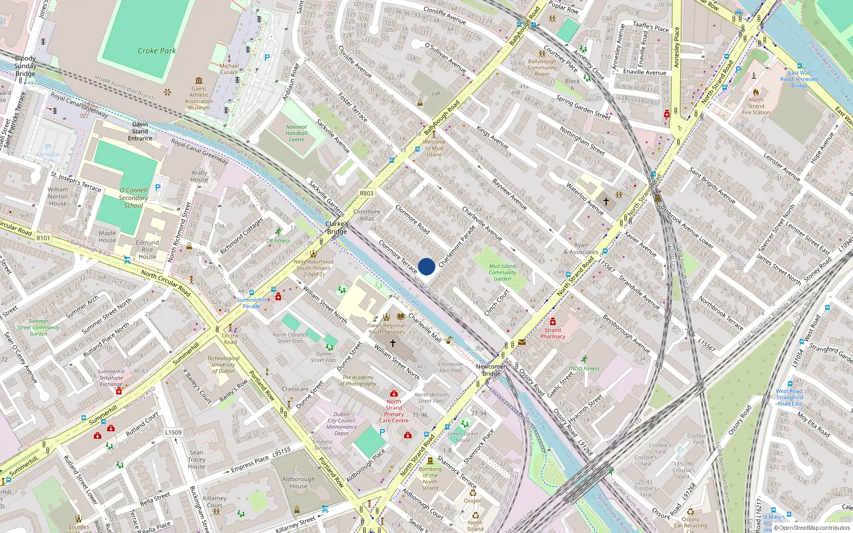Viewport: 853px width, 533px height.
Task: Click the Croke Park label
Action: click(157, 51)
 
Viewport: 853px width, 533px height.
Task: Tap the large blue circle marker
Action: click(426, 266)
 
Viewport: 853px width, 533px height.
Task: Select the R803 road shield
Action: click(367, 193)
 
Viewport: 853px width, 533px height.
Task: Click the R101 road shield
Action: click(43, 238)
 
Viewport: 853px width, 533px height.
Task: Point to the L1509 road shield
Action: click(173, 432)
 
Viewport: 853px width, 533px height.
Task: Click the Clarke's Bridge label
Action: click(337, 228)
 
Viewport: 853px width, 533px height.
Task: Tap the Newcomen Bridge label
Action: click(492, 370)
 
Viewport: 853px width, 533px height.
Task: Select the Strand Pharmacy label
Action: click(553, 333)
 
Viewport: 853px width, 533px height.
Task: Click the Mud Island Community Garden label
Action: click(502, 272)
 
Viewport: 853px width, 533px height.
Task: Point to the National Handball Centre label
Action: click(296, 133)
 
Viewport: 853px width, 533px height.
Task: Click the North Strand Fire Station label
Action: click(756, 106)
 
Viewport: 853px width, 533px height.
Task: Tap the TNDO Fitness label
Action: click(584, 368)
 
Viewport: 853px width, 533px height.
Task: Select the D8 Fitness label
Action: click(278, 240)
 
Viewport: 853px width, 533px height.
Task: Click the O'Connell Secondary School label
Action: click(133, 198)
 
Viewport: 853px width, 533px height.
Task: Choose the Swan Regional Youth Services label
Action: click(387, 328)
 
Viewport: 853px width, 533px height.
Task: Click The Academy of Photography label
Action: click(359, 381)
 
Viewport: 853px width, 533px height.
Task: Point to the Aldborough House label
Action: click(299, 482)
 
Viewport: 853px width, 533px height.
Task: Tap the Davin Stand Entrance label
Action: click(140, 131)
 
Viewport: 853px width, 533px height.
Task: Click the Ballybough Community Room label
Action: click(542, 68)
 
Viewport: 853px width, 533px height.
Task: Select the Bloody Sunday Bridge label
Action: click(26, 66)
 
